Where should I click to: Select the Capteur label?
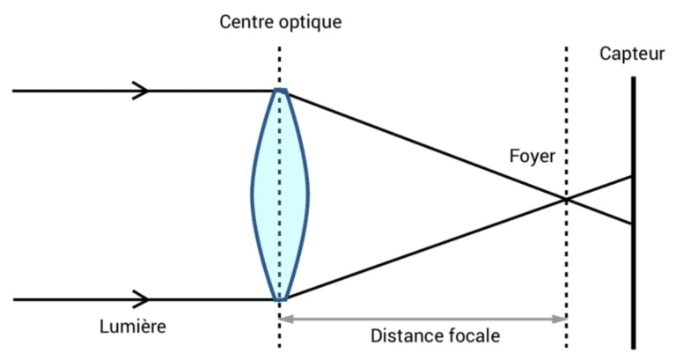pyautogui.click(x=632, y=55)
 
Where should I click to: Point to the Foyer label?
pyautogui.click(x=533, y=156)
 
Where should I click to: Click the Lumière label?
pyautogui.click(x=133, y=327)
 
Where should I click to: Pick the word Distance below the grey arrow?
pyautogui.click(x=404, y=336)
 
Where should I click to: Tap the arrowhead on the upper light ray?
pyautogui.click(x=141, y=91)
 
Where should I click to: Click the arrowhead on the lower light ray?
pyautogui.click(x=141, y=299)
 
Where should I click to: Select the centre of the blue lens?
pyautogui.click(x=280, y=195)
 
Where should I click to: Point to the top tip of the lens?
pyautogui.click(x=280, y=90)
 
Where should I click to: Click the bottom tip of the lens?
pyautogui.click(x=280, y=299)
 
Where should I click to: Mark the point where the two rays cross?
pyautogui.click(x=566, y=199)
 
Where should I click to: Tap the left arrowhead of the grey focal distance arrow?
pyautogui.click(x=285, y=319)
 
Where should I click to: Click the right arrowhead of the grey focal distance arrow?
pyautogui.click(x=561, y=319)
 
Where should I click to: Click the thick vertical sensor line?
pyautogui.click(x=634, y=212)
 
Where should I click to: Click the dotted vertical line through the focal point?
pyautogui.click(x=566, y=196)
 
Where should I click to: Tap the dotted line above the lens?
pyautogui.click(x=279, y=67)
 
